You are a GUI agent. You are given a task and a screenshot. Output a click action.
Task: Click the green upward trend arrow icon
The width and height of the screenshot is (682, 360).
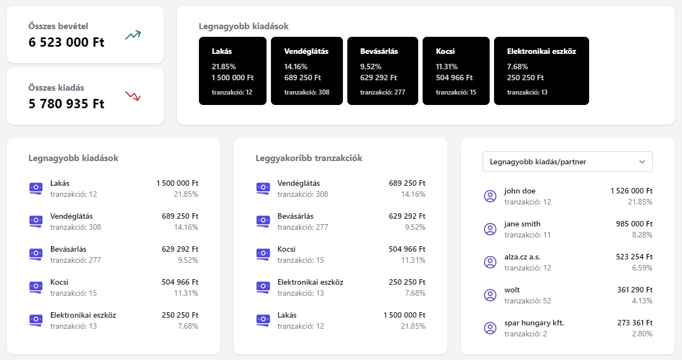(x=133, y=35)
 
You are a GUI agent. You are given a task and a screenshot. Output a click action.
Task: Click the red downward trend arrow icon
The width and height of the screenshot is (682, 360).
(x=133, y=96)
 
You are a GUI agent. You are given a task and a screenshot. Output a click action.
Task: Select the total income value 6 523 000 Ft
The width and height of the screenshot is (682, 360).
(x=66, y=42)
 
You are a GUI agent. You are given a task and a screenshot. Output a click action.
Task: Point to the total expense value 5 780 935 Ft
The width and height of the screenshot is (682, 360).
(x=66, y=104)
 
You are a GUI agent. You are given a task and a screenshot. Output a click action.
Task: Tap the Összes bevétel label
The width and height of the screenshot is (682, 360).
(x=58, y=26)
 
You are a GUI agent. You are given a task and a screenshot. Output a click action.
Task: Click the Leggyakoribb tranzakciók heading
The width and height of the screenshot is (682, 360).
(x=309, y=158)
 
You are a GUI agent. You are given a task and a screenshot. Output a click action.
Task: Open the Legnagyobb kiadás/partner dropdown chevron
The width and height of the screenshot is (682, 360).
(x=642, y=162)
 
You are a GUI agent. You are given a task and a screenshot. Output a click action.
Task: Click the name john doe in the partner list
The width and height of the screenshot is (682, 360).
(x=519, y=191)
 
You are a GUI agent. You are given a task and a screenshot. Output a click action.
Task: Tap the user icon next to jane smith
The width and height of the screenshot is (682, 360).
(x=490, y=229)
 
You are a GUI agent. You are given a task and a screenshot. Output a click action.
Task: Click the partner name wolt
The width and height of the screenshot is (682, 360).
(x=512, y=290)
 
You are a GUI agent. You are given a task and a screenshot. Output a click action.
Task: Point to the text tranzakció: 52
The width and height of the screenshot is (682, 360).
(x=528, y=301)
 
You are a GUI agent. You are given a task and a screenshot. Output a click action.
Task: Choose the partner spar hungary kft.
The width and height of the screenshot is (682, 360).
(x=534, y=323)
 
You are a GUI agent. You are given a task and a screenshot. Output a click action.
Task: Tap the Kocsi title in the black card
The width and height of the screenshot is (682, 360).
(x=445, y=51)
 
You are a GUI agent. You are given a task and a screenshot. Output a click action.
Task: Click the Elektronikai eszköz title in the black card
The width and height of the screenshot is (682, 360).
(x=541, y=51)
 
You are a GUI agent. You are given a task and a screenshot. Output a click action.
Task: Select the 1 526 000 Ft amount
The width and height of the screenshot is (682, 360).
(x=631, y=191)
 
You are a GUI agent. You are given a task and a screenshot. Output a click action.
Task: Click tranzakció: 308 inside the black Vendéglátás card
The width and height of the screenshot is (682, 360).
(x=307, y=92)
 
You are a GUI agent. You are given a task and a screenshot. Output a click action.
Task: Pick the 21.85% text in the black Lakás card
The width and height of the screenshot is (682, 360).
(x=223, y=67)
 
